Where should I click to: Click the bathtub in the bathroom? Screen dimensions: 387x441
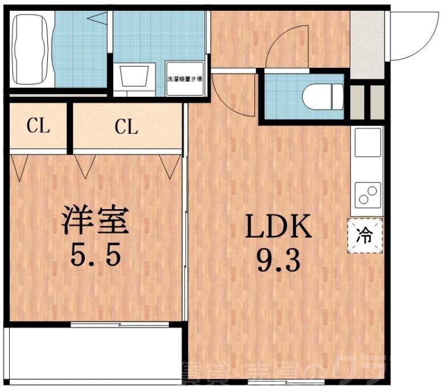(x=31, y=50)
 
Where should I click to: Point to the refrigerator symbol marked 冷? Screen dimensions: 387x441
(x=365, y=235)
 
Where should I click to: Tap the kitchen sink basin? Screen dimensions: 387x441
(x=368, y=142)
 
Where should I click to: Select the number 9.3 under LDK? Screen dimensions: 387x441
(x=279, y=262)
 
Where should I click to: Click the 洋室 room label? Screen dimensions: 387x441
(x=96, y=220)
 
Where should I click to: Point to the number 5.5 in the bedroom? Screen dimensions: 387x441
(x=96, y=255)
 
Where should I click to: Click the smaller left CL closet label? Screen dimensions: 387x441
(x=38, y=127)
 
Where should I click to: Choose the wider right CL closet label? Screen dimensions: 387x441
(x=126, y=127)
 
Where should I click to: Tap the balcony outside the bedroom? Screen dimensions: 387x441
(x=94, y=353)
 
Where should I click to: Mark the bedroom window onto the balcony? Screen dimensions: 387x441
(x=120, y=324)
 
